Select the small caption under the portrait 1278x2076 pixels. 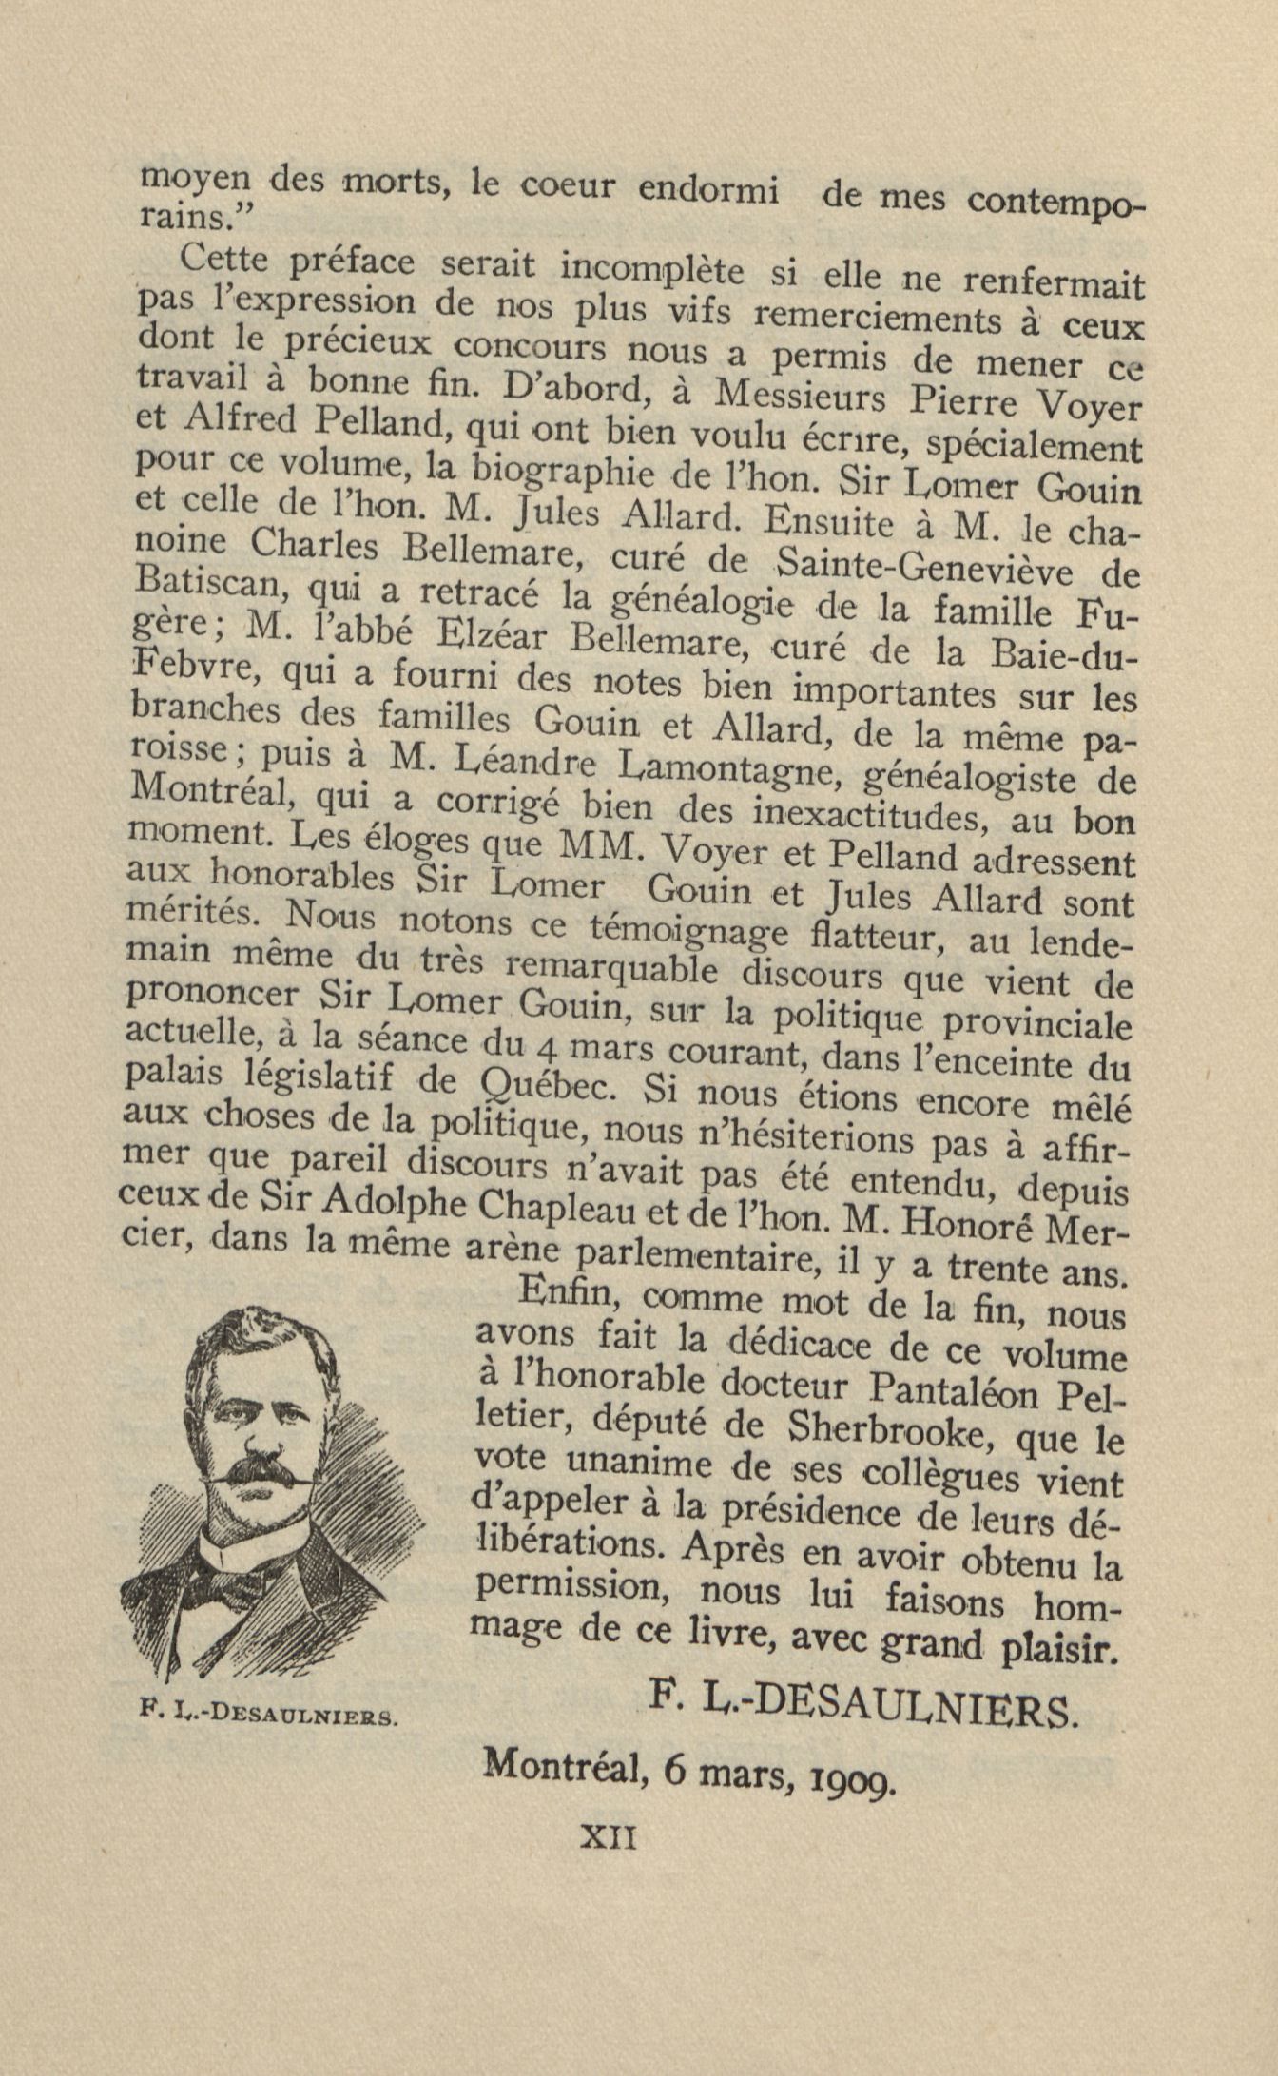(x=266, y=1715)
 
